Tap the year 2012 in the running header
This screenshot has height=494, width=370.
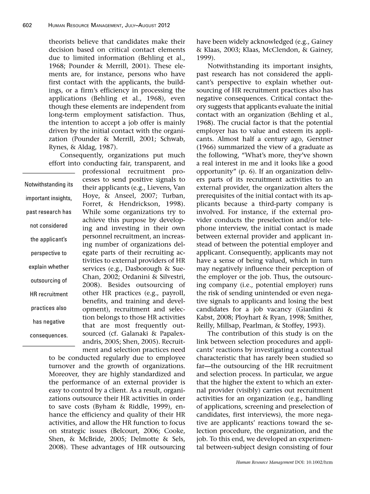(x=163, y=25)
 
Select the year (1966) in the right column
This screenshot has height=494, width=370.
(x=207, y=155)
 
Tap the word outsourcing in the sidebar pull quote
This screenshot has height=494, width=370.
(x=48, y=281)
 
